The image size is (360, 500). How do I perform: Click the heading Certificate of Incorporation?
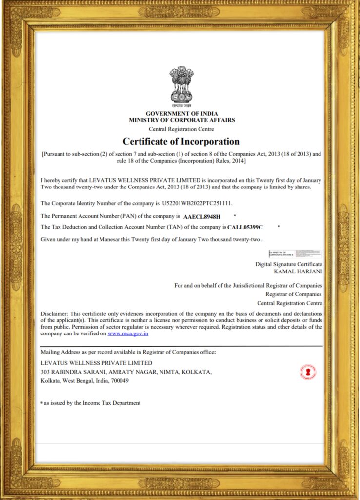pyautogui.click(x=181, y=142)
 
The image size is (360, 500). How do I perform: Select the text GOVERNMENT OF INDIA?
pyautogui.click(x=181, y=114)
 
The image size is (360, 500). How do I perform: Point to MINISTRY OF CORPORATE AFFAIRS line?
pyautogui.click(x=181, y=120)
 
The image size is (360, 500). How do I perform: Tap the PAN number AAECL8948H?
pyautogui.click(x=202, y=216)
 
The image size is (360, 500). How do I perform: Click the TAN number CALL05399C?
pyautogui.click(x=245, y=227)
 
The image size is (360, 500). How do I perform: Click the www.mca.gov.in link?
pyautogui.click(x=128, y=333)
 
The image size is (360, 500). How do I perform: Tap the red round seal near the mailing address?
pyautogui.click(x=307, y=372)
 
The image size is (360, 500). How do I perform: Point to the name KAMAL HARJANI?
pyautogui.click(x=298, y=271)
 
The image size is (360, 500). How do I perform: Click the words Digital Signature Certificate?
pyautogui.click(x=288, y=264)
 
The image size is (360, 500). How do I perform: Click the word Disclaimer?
pyautogui.click(x=54, y=313)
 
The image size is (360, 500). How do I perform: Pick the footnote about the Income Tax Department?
pyautogui.click(x=92, y=403)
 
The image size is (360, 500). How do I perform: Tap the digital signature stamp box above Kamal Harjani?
pyautogui.click(x=295, y=254)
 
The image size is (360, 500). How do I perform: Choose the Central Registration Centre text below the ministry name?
pyautogui.click(x=181, y=129)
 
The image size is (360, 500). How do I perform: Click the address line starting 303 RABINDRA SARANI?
pyautogui.click(x=126, y=372)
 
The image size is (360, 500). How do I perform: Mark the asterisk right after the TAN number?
pyautogui.click(x=279, y=227)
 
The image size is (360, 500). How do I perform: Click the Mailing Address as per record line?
pyautogui.click(x=128, y=352)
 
